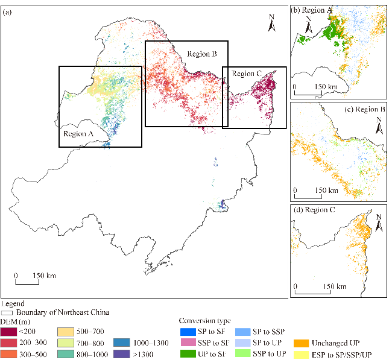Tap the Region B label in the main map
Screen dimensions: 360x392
[x=201, y=54]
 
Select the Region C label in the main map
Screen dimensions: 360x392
[x=247, y=74]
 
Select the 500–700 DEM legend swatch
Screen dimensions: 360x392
[x=65, y=332]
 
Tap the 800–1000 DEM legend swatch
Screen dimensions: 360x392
[x=65, y=355]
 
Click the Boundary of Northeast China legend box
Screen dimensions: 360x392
[x=7, y=312]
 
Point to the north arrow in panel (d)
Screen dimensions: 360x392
[x=379, y=221]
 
